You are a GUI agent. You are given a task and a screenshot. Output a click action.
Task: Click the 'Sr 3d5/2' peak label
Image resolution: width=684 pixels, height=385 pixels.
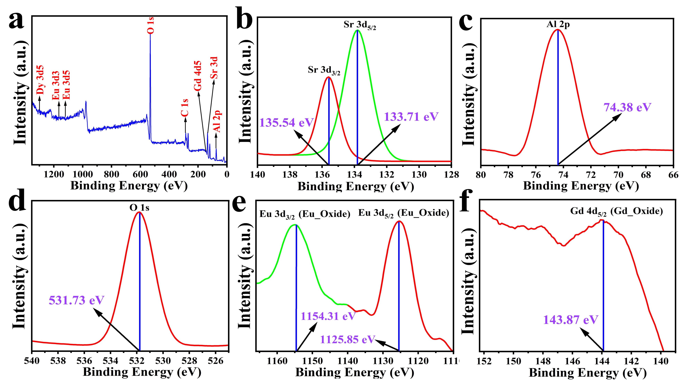(360, 25)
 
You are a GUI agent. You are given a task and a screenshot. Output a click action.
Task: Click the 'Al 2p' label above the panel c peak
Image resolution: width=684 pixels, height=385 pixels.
(558, 24)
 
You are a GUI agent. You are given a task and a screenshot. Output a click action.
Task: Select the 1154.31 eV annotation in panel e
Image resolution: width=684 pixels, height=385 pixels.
(328, 316)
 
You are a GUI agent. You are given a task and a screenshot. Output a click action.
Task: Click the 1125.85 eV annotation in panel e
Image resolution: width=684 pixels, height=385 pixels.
(348, 339)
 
